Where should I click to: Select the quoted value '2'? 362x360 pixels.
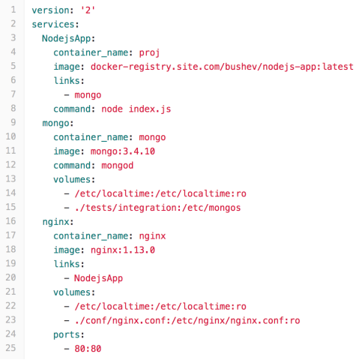click(x=88, y=10)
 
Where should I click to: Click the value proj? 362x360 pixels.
click(x=149, y=53)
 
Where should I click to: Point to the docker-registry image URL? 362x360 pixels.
click(x=222, y=67)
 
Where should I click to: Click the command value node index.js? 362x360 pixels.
click(x=136, y=109)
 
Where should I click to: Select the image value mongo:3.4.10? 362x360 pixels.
click(x=123, y=151)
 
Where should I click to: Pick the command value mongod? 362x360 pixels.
click(x=117, y=166)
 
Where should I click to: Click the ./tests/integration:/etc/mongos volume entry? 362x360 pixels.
click(x=157, y=208)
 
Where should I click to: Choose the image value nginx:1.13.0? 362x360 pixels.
click(x=123, y=250)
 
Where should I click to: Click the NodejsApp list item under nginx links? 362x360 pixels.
click(x=98, y=278)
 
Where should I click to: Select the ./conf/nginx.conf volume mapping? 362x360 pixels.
click(x=187, y=321)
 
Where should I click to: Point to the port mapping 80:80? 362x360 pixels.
click(x=88, y=349)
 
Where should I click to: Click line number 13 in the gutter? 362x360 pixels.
click(x=10, y=179)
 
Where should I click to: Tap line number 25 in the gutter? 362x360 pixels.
click(x=10, y=348)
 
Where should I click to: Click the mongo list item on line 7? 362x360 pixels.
click(x=88, y=95)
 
